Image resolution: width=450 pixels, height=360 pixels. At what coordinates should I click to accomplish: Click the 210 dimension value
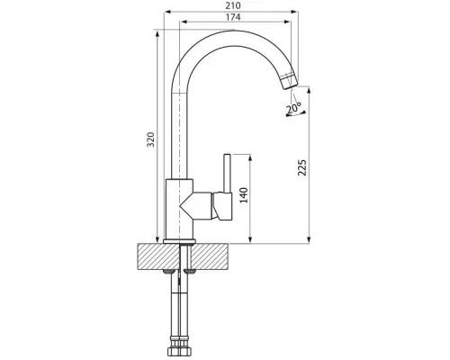[233, 5]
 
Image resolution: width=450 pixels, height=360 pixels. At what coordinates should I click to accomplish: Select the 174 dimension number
[233, 17]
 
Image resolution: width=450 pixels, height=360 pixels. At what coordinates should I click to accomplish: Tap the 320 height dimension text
[151, 139]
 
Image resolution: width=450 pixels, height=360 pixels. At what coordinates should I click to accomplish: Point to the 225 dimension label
[302, 167]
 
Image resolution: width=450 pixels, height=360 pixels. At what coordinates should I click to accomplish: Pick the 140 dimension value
[244, 195]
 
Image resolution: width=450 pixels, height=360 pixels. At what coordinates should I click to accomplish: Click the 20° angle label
[293, 108]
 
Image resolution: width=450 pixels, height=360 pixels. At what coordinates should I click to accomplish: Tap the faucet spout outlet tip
[291, 86]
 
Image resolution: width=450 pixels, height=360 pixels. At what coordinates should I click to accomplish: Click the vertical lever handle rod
[227, 174]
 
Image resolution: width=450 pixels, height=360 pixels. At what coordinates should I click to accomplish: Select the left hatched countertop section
[157, 256]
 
